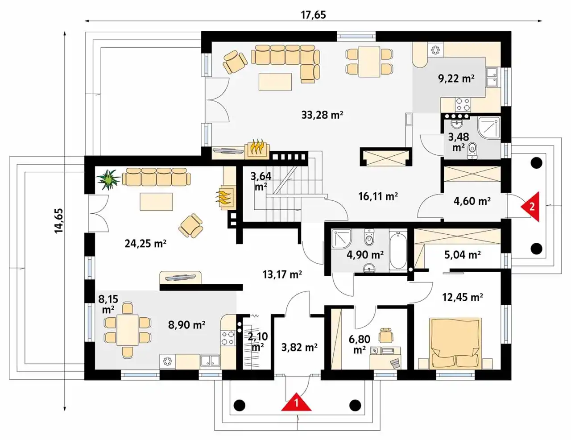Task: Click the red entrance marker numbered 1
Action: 296,402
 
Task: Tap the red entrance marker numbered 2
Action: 531,207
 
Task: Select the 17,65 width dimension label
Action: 313,15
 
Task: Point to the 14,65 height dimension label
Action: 59,221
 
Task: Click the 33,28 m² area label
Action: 322,115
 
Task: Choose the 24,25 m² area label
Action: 145,244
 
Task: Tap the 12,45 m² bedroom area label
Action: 463,297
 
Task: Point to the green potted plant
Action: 108,179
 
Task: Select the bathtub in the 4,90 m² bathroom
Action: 398,250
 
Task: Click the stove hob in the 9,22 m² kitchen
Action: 463,104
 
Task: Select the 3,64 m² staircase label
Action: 261,181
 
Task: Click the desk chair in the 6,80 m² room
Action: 385,334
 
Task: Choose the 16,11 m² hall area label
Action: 378,196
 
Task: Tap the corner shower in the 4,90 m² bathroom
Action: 341,239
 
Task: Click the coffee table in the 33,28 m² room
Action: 275,82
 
